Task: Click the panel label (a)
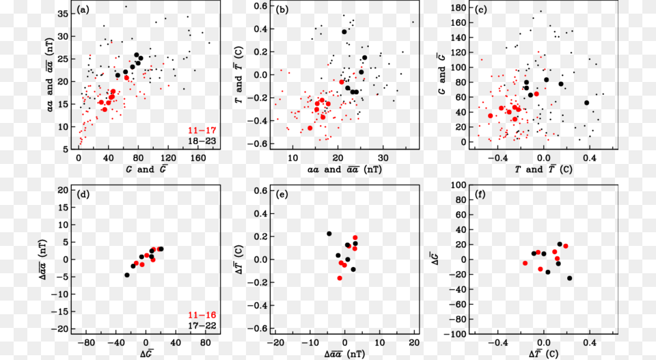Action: coord(83,10)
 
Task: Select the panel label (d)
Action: coord(83,195)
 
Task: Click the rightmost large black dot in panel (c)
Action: coord(586,103)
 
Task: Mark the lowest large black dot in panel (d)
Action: coord(126,275)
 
